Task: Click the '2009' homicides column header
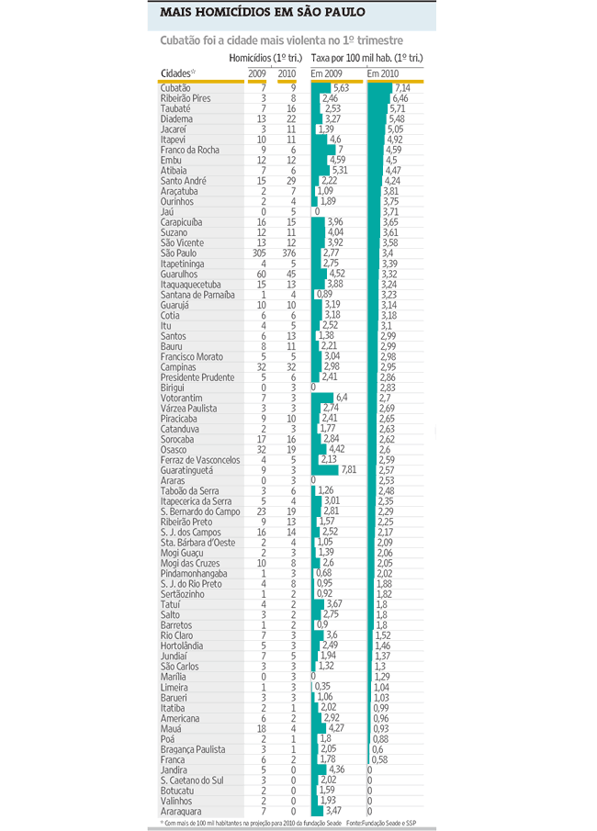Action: [258, 73]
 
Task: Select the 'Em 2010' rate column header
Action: [383, 73]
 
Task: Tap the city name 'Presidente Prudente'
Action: [198, 377]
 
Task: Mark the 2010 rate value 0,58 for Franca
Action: [377, 760]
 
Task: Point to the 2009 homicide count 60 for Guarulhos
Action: [261, 274]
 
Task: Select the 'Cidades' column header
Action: [177, 73]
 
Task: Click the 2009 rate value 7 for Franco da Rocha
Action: [340, 150]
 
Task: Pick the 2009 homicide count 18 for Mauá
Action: [261, 729]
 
